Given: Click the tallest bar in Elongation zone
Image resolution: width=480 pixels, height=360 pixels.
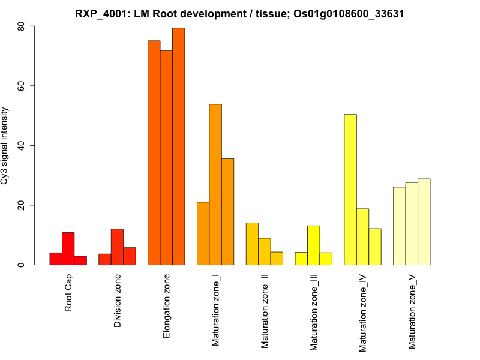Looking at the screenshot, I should coord(178,146).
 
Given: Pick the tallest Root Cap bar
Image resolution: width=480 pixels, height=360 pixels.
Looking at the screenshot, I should coord(68,248).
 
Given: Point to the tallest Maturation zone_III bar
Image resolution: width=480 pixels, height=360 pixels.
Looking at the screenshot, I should coord(314,245).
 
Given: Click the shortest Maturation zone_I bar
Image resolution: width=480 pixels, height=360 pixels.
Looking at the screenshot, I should coord(203,233).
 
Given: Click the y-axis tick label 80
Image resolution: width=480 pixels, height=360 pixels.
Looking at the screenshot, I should coord(21,26).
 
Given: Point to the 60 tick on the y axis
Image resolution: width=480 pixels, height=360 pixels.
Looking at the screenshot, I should coord(21,86).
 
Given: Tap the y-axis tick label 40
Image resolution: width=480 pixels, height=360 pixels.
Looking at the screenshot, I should coord(21,146).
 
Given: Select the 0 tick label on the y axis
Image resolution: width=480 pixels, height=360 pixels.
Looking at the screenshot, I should coord(21,265).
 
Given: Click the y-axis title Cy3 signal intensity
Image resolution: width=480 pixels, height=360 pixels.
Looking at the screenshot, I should coord(5,146).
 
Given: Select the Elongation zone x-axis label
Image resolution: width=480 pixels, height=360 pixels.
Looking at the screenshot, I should coord(167,306).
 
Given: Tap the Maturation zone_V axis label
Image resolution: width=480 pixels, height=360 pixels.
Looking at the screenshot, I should coord(412,312).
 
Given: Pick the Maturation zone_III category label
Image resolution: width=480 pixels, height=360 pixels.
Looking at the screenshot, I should coord(314,312).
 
